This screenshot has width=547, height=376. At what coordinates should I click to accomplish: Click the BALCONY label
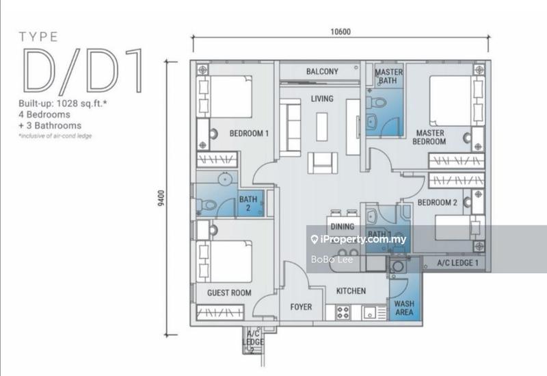pyautogui.click(x=323, y=72)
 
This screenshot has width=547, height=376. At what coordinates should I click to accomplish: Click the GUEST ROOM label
pyautogui.click(x=229, y=293)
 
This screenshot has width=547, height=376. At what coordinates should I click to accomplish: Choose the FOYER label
pyautogui.click(x=302, y=306)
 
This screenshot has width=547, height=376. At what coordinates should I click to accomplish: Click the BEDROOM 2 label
pyautogui.click(x=437, y=203)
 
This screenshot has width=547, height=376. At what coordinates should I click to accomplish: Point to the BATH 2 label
pyautogui.click(x=248, y=204)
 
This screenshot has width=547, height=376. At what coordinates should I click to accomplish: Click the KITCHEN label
pyautogui.click(x=351, y=291)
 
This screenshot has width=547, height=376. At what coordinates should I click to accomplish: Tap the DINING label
pyautogui.click(x=342, y=227)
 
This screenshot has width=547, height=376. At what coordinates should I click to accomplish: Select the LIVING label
pyautogui.click(x=321, y=99)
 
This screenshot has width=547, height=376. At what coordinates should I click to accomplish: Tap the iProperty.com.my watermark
pyautogui.click(x=358, y=240)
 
